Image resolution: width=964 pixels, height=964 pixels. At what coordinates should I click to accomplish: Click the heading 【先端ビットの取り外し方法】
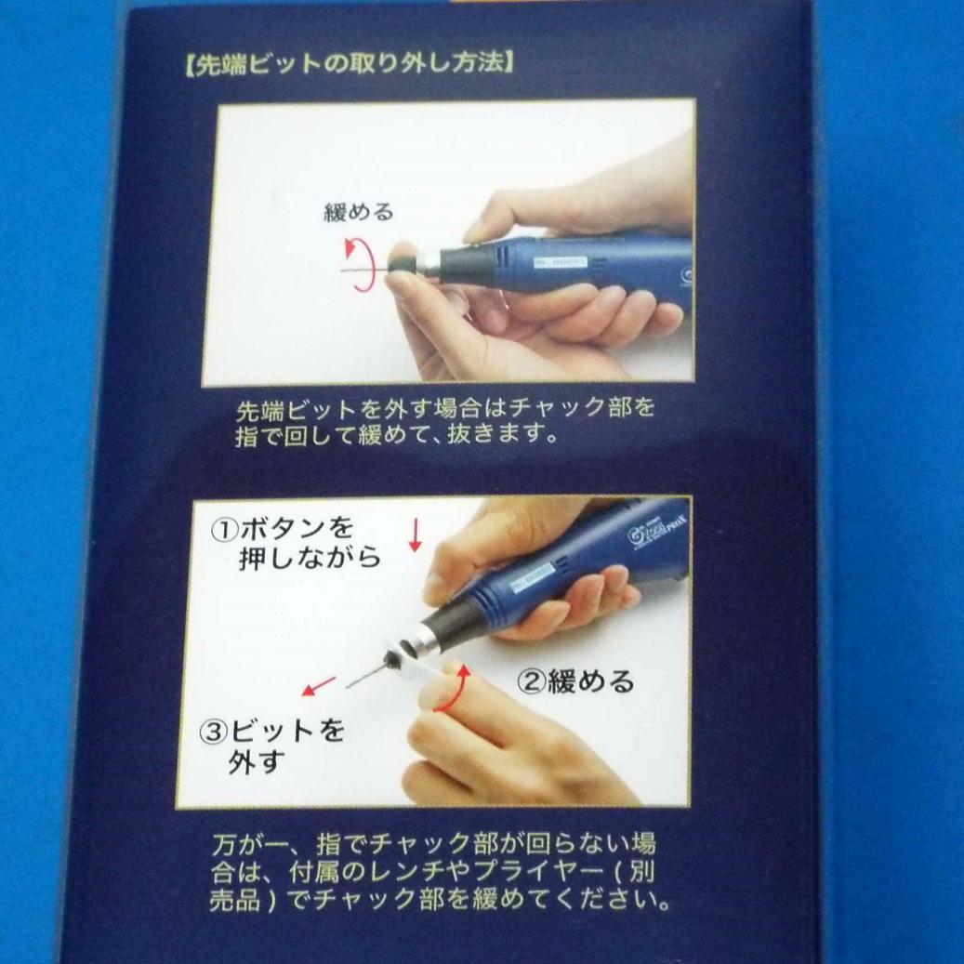point(344,67)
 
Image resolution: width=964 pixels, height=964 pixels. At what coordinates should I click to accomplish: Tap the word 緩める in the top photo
point(359,212)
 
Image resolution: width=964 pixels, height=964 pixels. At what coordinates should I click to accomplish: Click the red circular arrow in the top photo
point(359,264)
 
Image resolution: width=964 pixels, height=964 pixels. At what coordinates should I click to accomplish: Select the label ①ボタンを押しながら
point(296,543)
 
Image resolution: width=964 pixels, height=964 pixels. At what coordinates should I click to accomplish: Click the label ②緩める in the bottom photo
point(575,682)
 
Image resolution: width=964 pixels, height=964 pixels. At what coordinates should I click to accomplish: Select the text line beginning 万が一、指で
point(432,845)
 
